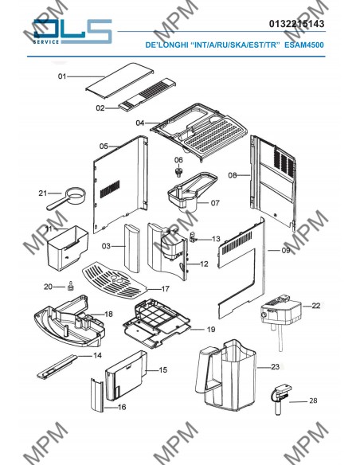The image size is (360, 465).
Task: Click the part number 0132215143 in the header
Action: point(296,24)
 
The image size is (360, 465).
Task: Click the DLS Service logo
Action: point(72,32)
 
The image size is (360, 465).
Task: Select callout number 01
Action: point(61,76)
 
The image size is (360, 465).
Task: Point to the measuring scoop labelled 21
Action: point(67,197)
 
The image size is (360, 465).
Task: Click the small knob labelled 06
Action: point(178,172)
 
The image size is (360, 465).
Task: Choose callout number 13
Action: point(216,239)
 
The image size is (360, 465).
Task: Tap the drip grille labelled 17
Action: point(114,280)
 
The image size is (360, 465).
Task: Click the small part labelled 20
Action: point(71,286)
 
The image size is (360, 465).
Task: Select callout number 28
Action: point(313,401)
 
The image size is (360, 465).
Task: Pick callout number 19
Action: point(211,330)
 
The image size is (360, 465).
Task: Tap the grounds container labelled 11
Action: point(68,248)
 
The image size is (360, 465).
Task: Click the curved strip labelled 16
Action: point(97,395)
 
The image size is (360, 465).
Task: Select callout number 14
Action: point(97,355)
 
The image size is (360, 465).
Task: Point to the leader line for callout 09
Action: point(274,251)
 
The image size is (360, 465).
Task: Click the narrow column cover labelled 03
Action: point(132,248)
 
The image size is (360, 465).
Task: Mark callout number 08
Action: point(233,175)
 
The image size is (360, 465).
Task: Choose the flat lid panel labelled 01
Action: point(119,80)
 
